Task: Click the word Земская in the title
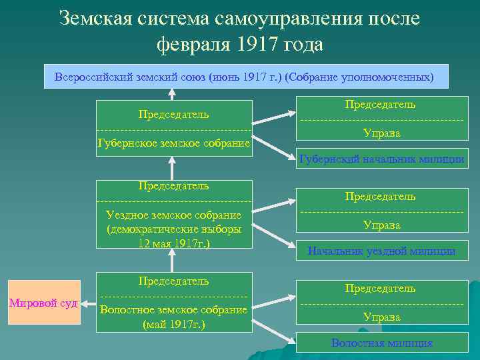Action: (x=94, y=18)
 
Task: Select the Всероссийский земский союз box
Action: (x=243, y=77)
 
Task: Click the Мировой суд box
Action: (x=43, y=303)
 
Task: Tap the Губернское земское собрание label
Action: (x=174, y=143)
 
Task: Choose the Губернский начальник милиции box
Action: (x=381, y=159)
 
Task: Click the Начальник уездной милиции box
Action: (x=381, y=251)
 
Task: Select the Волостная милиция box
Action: (x=381, y=343)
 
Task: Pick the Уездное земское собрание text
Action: (x=174, y=215)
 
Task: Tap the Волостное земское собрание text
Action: (x=174, y=309)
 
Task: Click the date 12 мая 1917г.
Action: (x=174, y=243)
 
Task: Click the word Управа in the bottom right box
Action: (x=381, y=317)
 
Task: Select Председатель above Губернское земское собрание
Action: (x=174, y=113)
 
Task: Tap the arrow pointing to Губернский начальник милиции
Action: (x=273, y=148)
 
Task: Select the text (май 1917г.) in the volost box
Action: (x=174, y=325)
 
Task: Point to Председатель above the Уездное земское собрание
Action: (x=174, y=185)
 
